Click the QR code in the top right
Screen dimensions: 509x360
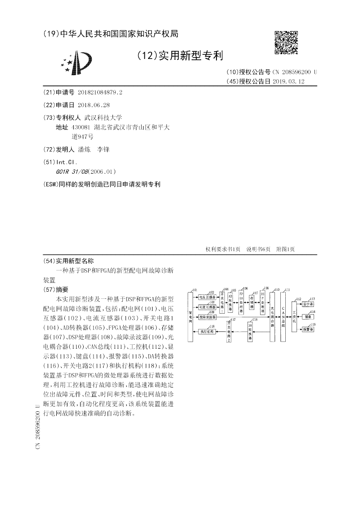286,43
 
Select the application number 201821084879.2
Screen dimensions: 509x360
100,92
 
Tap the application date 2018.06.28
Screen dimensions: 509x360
94,104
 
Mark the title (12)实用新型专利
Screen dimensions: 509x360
179,56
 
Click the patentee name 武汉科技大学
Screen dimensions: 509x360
100,117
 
